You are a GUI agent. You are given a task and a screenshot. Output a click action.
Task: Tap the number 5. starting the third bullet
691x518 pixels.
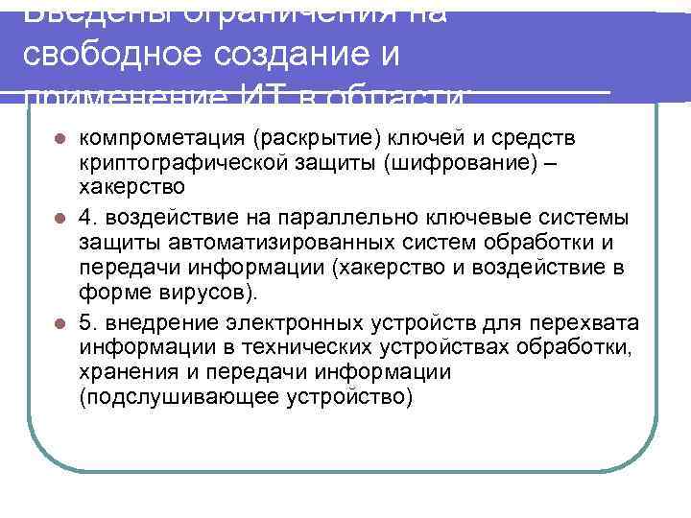pos(88,321)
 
